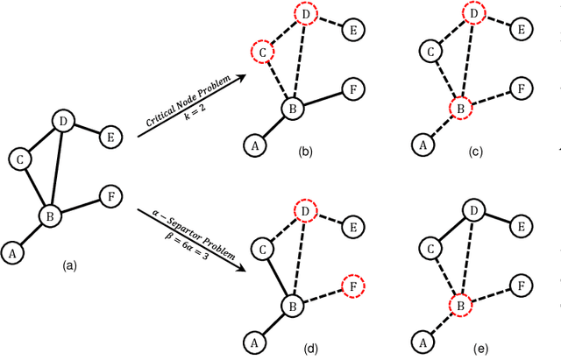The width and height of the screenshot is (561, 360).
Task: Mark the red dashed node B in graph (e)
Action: click(458, 306)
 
